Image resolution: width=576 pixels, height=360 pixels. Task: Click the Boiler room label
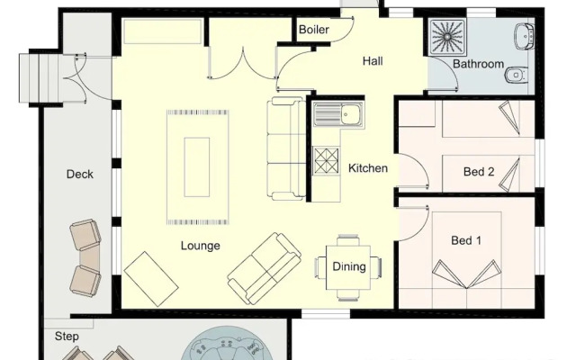point(313,30)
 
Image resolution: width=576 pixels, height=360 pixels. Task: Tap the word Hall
point(373,61)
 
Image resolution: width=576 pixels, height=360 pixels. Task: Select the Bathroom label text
point(478,65)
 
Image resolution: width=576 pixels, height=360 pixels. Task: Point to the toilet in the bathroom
point(515,74)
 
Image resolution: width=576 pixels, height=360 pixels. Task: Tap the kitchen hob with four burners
point(325,160)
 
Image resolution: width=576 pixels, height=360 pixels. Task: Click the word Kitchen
point(368,168)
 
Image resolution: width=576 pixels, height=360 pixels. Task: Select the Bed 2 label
point(479,172)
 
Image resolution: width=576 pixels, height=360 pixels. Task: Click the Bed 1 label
point(466,240)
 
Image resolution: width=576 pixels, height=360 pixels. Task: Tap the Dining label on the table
point(349,266)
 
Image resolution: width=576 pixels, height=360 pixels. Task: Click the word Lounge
point(200,246)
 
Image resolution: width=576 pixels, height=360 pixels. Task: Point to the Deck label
point(80,175)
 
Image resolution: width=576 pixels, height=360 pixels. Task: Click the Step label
point(67,337)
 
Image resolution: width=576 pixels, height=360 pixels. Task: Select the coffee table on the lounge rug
point(197,166)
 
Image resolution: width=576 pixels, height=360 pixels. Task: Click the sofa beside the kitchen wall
point(287,149)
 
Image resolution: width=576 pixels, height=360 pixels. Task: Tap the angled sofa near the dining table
point(265,267)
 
